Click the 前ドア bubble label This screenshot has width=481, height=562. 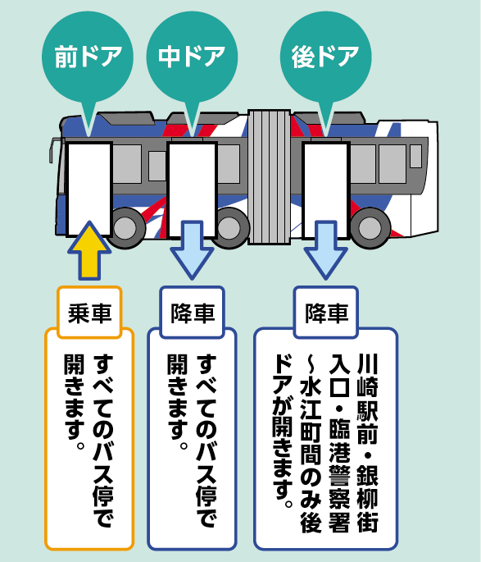[88, 57]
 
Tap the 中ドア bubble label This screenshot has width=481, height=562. [192, 57]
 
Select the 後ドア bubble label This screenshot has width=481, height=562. [325, 57]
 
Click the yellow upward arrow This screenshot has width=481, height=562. [89, 250]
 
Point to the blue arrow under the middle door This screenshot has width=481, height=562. [193, 250]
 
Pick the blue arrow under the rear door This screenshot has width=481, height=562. [325, 250]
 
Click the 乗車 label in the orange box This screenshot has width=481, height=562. [90, 313]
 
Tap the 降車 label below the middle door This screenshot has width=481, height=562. [193, 313]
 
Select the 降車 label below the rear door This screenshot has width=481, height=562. [326, 313]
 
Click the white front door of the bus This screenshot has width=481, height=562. [89, 189]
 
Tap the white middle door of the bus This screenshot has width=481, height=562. [193, 190]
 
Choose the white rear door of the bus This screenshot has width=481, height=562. [325, 190]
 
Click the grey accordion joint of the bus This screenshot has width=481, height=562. [269, 177]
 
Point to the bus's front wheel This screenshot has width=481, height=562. [125, 227]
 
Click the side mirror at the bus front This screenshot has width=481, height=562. [54, 150]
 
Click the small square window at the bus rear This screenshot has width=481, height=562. [416, 156]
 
